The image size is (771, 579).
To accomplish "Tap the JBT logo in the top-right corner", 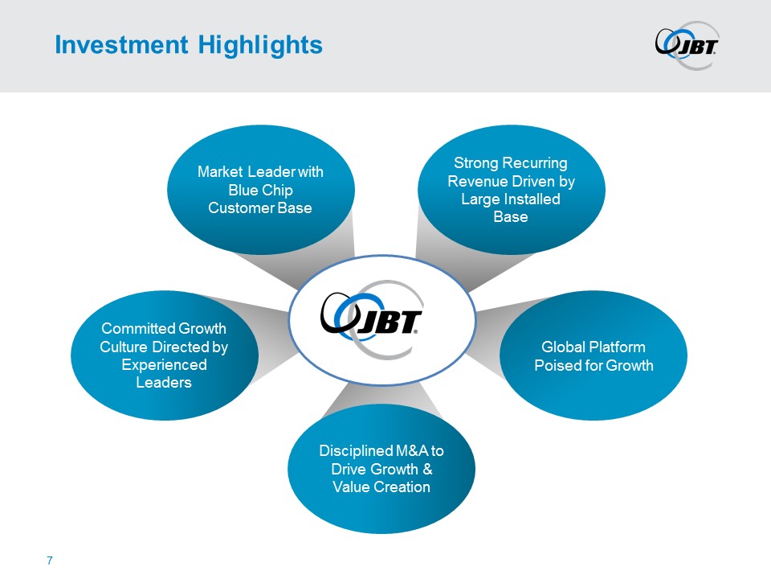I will pyautogui.click(x=686, y=45).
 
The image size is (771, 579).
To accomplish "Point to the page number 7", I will pyautogui.click(x=50, y=560).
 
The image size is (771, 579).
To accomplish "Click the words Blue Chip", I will pyautogui.click(x=260, y=190).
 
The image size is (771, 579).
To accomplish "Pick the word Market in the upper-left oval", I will pyautogui.click(x=220, y=172).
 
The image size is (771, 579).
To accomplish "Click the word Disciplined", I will pyautogui.click(x=355, y=451).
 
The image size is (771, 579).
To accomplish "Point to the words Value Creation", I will pyautogui.click(x=381, y=487).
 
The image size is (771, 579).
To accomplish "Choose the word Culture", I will pyautogui.click(x=123, y=347).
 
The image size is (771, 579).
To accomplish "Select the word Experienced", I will pyautogui.click(x=164, y=365).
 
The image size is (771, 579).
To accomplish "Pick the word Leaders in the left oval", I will pyautogui.click(x=164, y=383).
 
